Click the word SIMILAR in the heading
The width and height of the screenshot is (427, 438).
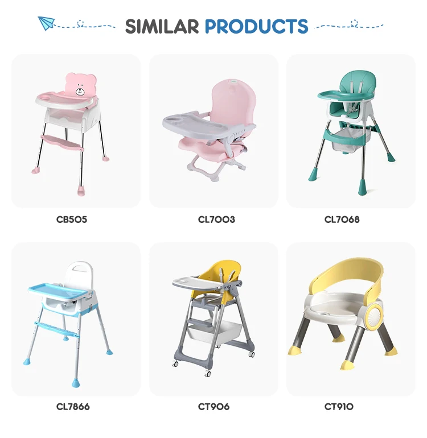click(x=162, y=26)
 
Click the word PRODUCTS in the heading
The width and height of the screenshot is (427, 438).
click(x=256, y=26)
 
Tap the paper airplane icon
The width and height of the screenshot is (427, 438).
click(x=46, y=23)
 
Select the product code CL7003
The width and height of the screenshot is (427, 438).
click(x=214, y=219)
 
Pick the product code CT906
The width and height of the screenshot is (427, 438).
click(x=213, y=406)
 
